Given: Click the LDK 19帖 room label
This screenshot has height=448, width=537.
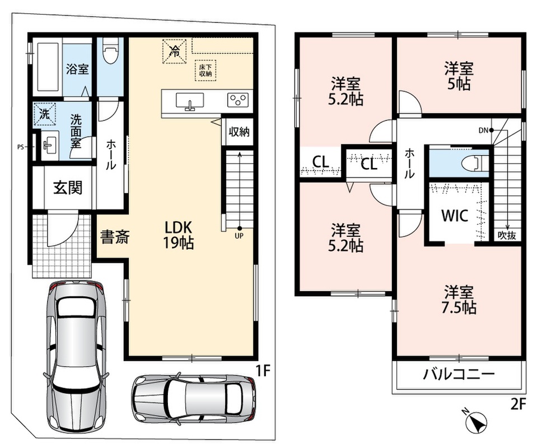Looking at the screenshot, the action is click(178, 235).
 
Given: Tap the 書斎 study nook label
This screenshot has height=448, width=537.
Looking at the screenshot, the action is click(115, 237).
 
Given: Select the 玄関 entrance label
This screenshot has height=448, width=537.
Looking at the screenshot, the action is click(68, 188).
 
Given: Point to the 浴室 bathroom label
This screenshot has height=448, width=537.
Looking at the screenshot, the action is click(77, 69).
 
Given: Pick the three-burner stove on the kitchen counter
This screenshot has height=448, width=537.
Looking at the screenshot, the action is click(237, 100).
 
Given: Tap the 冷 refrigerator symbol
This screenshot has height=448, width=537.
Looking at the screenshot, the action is click(174, 52).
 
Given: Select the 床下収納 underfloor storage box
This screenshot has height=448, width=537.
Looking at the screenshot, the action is click(206, 71).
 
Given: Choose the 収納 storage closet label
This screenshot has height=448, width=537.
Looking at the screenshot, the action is click(239, 132).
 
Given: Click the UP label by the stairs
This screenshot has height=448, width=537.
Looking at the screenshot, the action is click(239, 236).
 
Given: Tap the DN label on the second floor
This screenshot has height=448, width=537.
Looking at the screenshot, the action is click(483, 130).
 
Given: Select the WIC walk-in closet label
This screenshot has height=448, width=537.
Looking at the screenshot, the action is click(454, 216).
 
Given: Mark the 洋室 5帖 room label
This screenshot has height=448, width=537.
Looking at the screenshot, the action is click(459, 76).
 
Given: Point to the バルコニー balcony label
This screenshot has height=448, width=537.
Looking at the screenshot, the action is click(459, 374).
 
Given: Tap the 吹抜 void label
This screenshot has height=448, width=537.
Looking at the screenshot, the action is click(507, 236).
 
